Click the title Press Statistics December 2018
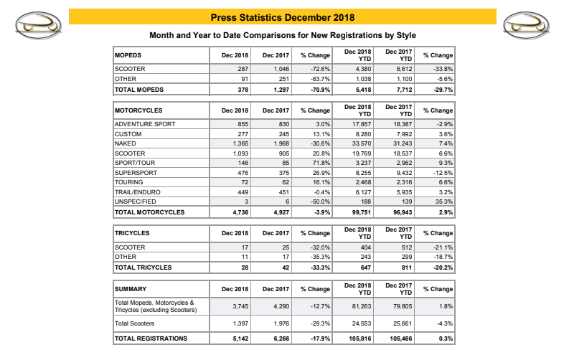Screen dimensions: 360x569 point(282,16)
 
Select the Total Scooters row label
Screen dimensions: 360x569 point(137,323)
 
